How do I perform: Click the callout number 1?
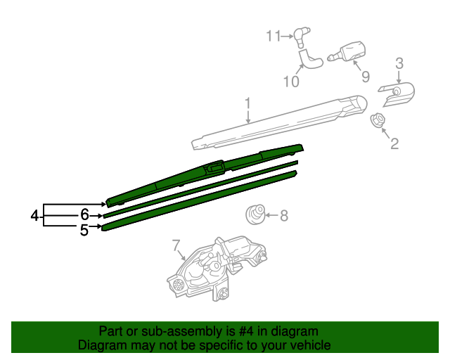coord(247,105)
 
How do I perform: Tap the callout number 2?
coord(394,144)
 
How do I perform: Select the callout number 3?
coord(399,64)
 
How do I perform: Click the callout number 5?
coord(84,229)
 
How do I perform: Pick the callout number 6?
coord(84,215)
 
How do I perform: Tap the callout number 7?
coord(176,245)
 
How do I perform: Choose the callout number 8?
coord(284,216)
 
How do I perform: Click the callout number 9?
coord(365,76)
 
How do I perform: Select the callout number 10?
coord(291,82)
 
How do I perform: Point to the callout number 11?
coord(273,35)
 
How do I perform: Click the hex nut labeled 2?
coord(377,121)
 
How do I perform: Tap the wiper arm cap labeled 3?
coord(397,94)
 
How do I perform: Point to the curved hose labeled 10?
coord(309,59)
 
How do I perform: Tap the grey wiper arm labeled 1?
coord(281,122)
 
